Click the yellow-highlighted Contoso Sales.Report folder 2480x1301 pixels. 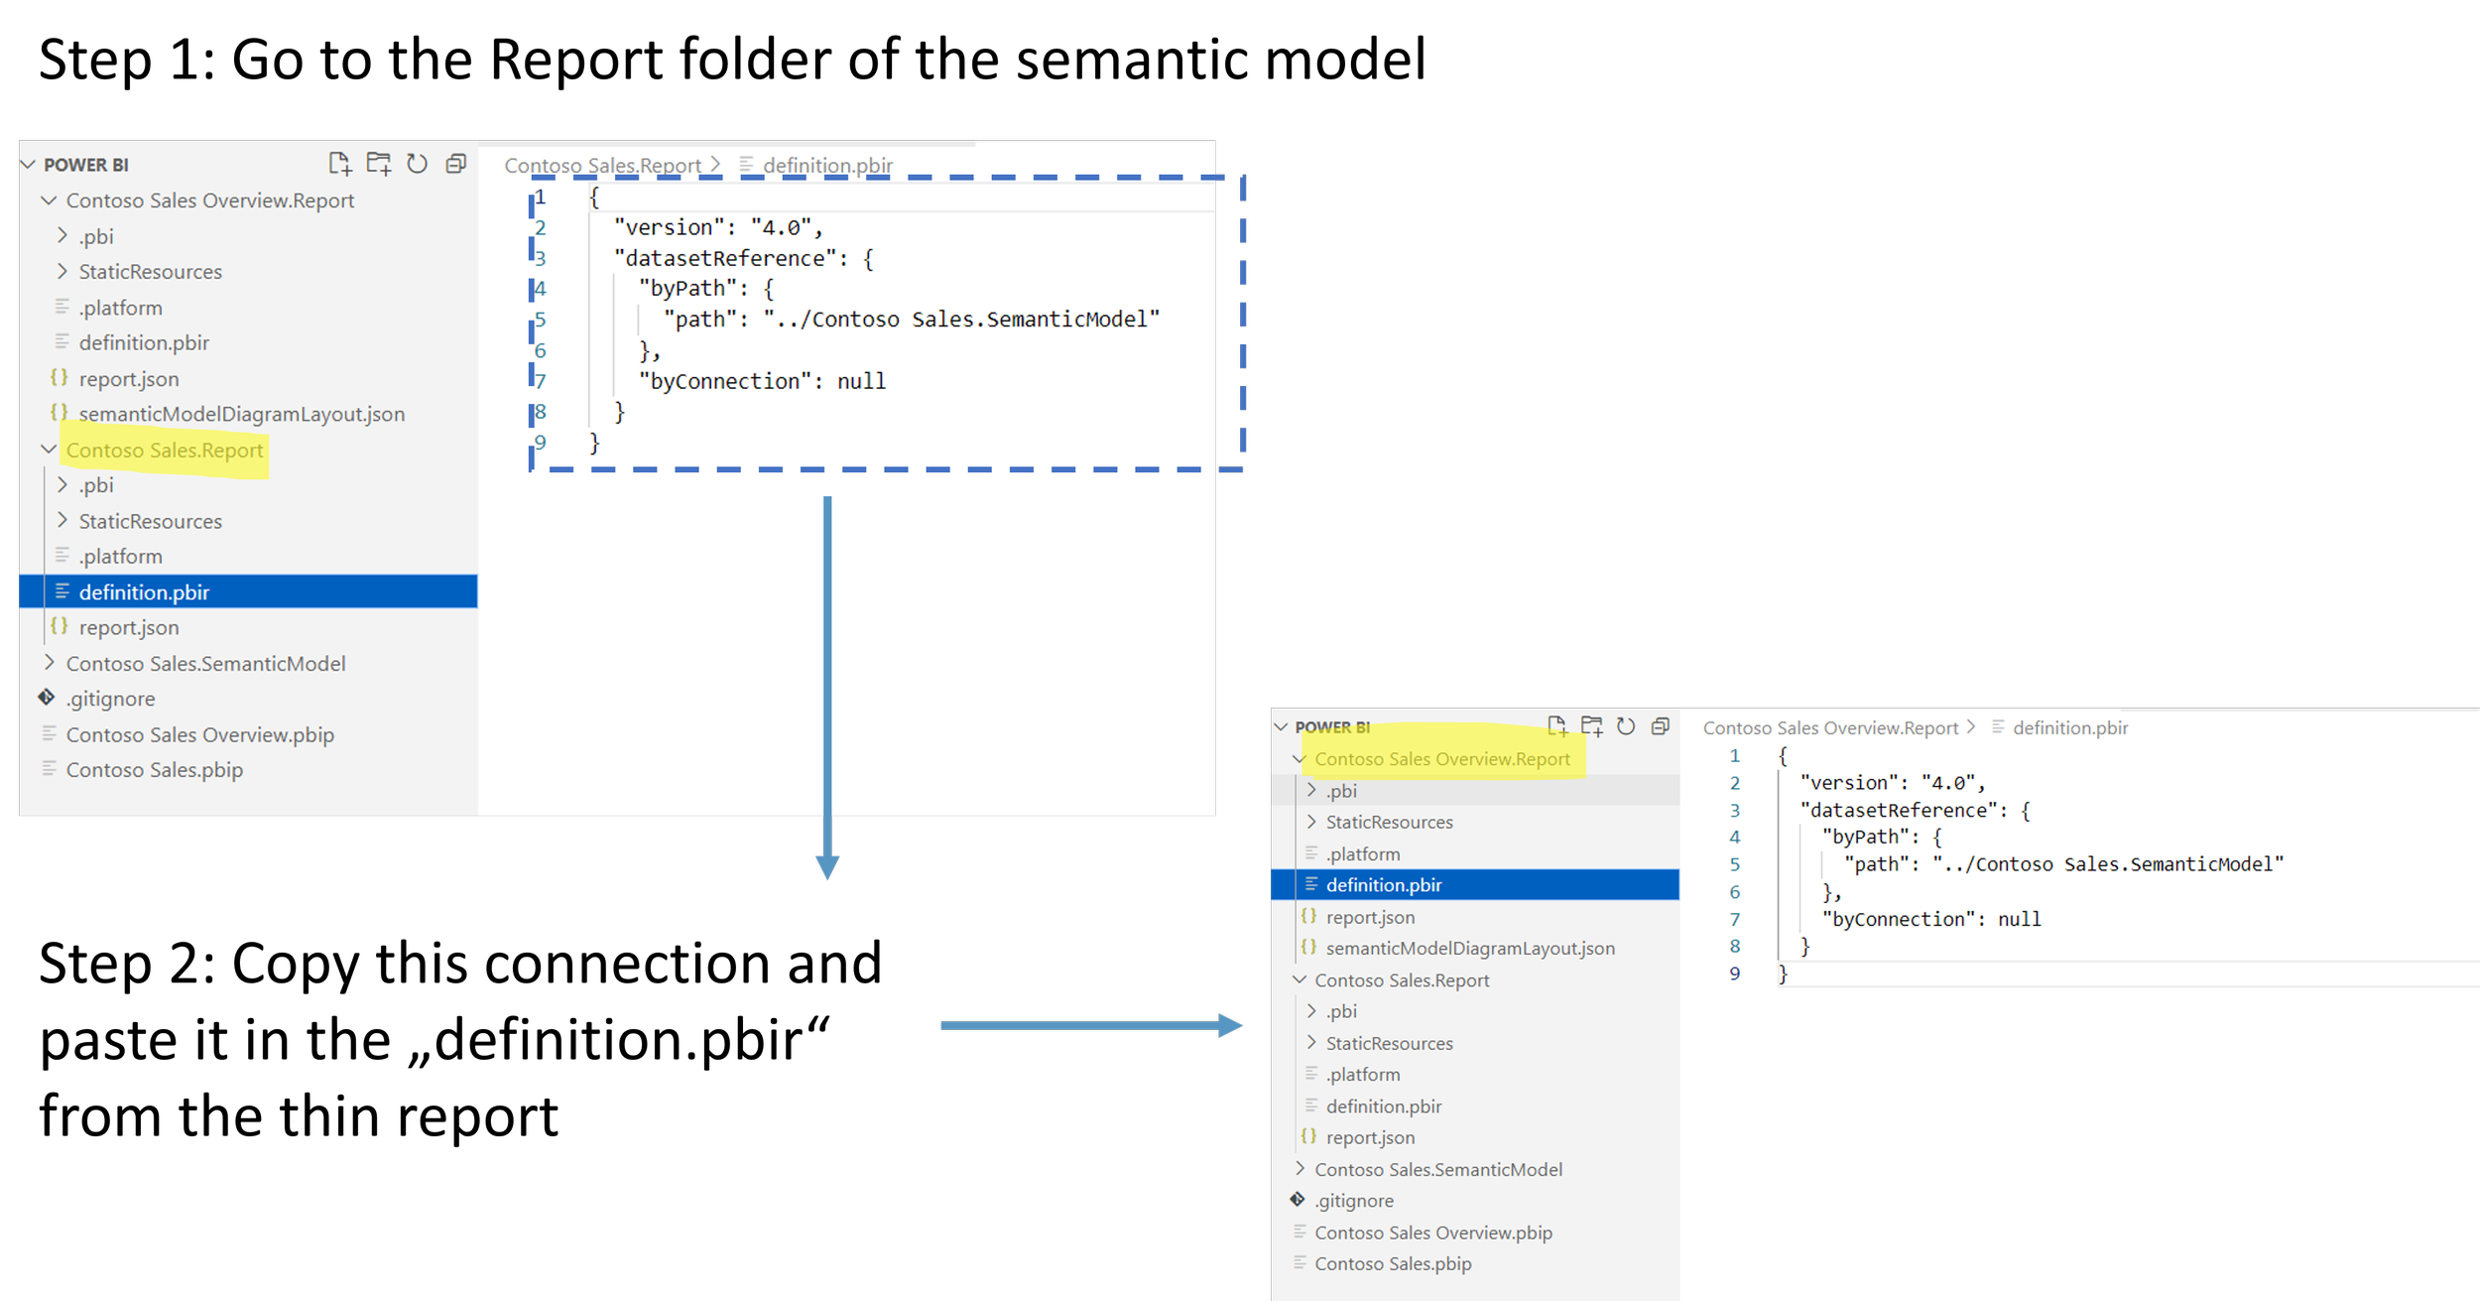tap(165, 451)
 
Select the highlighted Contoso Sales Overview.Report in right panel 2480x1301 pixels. tap(1441, 759)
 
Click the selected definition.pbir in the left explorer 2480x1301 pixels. tap(145, 592)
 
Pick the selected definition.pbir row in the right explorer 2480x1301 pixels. tap(1384, 885)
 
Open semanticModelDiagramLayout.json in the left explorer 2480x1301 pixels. tap(241, 414)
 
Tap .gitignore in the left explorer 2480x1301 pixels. tap(111, 699)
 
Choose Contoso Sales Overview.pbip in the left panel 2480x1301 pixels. tap(199, 734)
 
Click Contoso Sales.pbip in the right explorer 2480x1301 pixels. tap(1393, 1263)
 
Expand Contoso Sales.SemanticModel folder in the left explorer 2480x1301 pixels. tap(205, 663)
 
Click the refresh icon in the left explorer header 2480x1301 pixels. tap(417, 164)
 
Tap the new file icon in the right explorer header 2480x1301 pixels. tap(1556, 726)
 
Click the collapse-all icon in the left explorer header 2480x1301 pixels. tap(455, 164)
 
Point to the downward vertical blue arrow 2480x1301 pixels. tap(827, 685)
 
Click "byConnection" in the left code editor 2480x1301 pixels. tap(725, 381)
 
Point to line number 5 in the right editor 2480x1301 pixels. tap(1734, 864)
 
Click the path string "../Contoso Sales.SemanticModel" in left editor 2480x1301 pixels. tap(960, 320)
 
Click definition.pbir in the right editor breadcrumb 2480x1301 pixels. tap(2069, 727)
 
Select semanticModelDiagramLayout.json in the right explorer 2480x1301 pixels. tap(1469, 949)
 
